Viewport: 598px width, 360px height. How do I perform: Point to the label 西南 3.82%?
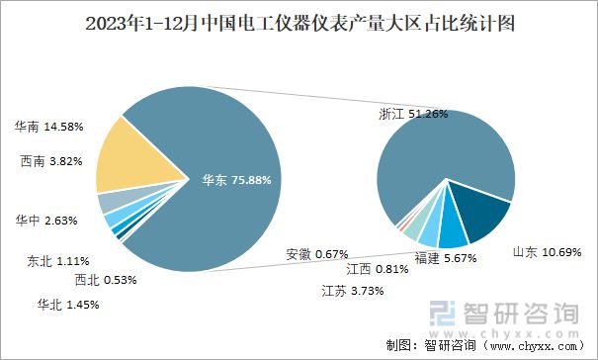pos(50,161)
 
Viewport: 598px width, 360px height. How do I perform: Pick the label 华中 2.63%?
pos(48,221)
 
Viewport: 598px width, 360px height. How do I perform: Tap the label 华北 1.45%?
pos(68,304)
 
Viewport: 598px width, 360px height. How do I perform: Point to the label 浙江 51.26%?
pos(413,114)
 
